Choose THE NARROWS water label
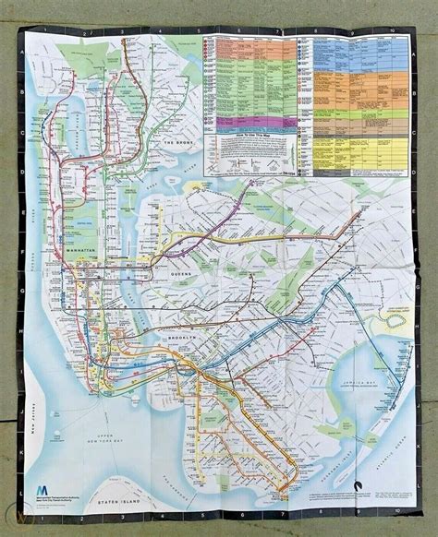pyautogui.click(x=128, y=461)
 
